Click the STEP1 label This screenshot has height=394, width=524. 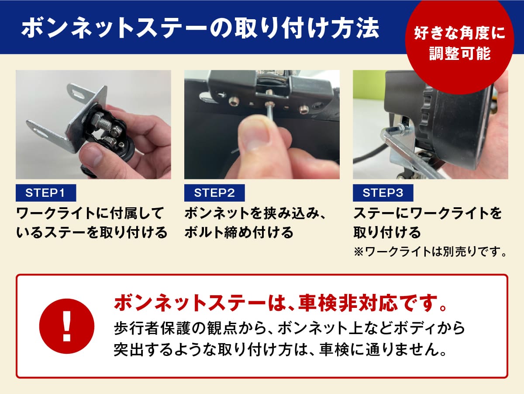click(46, 193)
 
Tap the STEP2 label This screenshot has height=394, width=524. click(214, 193)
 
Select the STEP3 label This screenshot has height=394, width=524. click(383, 193)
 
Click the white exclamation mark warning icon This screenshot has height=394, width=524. click(67, 326)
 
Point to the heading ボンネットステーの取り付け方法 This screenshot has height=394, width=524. click(200, 29)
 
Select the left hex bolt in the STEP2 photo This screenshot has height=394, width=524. click(233, 102)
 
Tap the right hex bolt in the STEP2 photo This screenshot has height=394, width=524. click(303, 109)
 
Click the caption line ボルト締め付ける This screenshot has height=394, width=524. click(239, 232)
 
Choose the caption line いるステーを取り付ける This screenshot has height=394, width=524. click(92, 232)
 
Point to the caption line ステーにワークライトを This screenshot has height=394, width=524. click(427, 213)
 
